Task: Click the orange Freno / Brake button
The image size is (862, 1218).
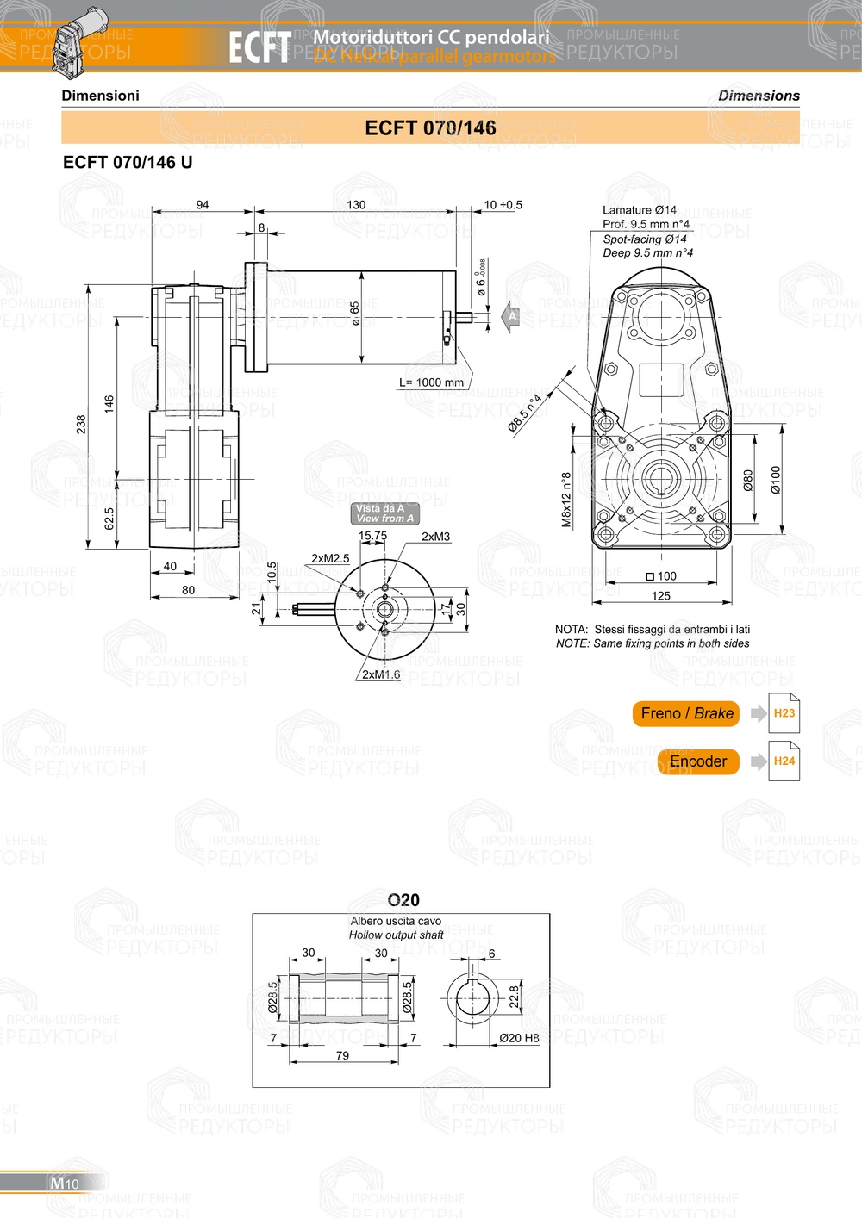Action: (686, 713)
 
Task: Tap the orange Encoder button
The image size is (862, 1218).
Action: (698, 761)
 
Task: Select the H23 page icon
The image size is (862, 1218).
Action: (784, 713)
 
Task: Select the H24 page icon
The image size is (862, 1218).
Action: (784, 761)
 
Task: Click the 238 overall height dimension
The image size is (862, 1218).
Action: (81, 424)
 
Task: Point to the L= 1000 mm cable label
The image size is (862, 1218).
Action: (431, 382)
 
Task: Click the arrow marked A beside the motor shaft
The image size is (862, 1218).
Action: (511, 316)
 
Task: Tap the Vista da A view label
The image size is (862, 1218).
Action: (384, 513)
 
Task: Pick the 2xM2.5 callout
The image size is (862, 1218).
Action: (330, 558)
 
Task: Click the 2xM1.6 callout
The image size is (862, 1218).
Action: (380, 674)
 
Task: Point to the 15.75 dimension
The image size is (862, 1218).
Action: (372, 536)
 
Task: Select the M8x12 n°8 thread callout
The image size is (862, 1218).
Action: (566, 500)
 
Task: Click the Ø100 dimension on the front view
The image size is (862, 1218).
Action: (776, 480)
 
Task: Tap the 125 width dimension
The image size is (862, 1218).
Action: (661, 595)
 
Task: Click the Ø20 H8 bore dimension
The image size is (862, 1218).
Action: (519, 1038)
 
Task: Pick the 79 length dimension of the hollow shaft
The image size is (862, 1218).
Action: (342, 1055)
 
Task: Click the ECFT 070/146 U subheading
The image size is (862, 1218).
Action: (128, 162)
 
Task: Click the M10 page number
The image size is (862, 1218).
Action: (65, 1183)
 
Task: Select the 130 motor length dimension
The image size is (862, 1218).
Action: (356, 205)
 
